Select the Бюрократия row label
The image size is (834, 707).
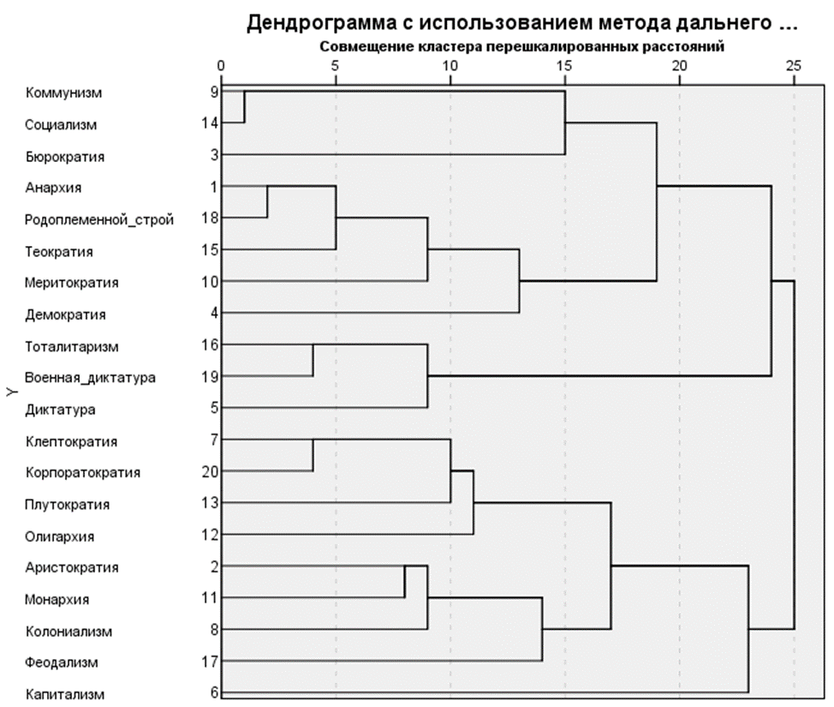tap(64, 157)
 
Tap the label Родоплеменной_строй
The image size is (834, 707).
tap(99, 219)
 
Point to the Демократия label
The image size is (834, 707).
tap(65, 315)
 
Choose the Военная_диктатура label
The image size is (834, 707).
tap(90, 378)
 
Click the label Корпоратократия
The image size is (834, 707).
tap(82, 472)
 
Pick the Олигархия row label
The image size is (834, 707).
tap(59, 536)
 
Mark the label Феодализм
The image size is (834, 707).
tap(61, 662)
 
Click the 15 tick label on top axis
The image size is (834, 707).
tap(564, 65)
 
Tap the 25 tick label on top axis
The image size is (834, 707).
tap(794, 65)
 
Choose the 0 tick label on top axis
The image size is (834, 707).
tap(221, 65)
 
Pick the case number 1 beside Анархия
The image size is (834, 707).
tap(213, 187)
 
